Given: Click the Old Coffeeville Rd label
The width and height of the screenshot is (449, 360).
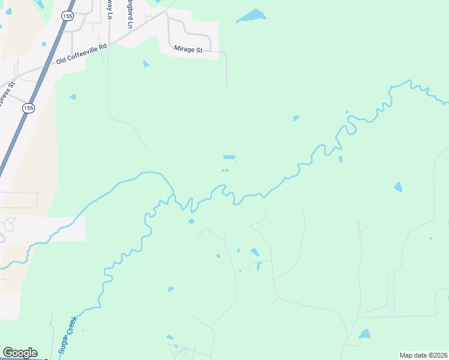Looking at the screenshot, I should point(81,54).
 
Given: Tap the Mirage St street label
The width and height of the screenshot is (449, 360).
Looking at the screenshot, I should point(188,49).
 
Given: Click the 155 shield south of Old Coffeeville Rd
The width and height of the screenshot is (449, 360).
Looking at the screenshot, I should point(28,108).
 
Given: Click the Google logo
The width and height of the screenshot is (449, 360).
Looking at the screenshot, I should point(20,353).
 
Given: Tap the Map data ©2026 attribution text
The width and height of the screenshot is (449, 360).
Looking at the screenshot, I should point(423,355).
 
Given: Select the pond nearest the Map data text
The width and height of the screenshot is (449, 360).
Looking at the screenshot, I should point(364,334).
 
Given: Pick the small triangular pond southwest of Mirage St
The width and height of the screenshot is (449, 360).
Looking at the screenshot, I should point(146,64).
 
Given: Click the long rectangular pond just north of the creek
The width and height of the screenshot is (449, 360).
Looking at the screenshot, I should point(229,157).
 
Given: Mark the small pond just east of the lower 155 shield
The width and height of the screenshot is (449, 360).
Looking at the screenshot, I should point(73,97).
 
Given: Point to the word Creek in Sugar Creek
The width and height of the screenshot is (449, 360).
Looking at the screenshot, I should point(72,326).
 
